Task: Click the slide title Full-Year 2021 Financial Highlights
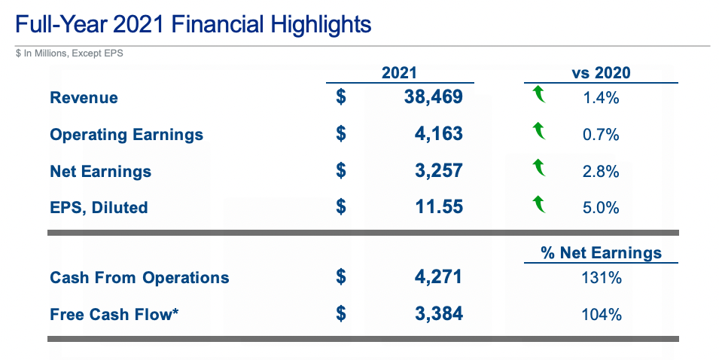193,24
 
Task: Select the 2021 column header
399,73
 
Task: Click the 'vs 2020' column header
601,73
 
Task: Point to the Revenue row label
84,97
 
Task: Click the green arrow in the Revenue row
538,95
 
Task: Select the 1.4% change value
601,97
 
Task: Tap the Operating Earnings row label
126,135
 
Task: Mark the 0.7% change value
601,135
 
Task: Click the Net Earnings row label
100,172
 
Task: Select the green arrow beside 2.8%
538,167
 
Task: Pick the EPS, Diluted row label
99,207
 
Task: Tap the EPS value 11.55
437,207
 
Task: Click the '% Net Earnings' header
601,253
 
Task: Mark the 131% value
601,277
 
